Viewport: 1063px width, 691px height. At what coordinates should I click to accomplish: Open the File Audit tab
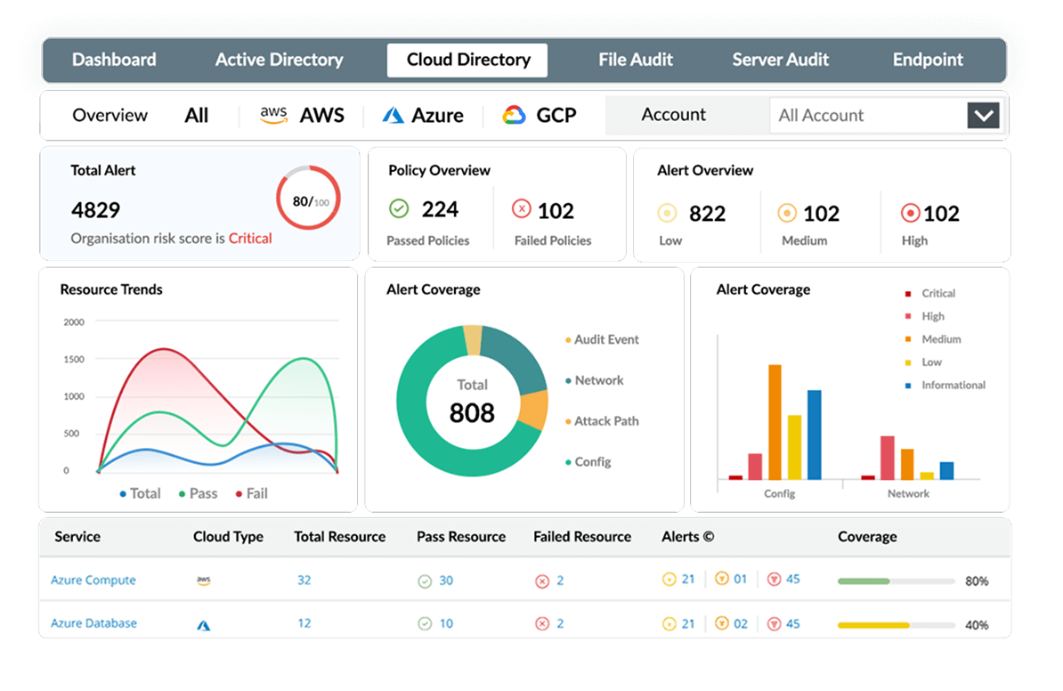coord(636,61)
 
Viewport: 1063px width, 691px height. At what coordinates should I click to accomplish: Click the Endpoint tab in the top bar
coord(928,61)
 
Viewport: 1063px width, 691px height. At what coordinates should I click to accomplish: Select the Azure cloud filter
coord(423,115)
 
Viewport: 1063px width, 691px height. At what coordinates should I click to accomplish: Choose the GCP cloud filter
coord(540,115)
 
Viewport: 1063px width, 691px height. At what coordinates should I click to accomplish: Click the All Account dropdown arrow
coord(983,116)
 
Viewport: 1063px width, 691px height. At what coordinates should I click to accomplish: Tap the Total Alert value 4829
coord(95,210)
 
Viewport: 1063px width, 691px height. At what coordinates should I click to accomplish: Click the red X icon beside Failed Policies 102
coord(522,209)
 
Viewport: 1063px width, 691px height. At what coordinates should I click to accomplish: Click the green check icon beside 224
coord(399,209)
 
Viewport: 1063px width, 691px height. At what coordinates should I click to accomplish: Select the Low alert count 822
coord(707,214)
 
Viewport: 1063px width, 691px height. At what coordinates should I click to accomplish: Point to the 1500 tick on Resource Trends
coord(74,359)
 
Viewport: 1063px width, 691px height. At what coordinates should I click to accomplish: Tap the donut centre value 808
coord(472,412)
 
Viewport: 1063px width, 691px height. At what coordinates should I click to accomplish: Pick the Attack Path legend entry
coord(605,421)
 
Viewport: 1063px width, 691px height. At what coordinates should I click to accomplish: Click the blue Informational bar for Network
coord(946,470)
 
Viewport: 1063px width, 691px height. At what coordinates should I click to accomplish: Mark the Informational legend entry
coord(953,386)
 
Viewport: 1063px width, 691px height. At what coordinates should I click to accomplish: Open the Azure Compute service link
coord(93,581)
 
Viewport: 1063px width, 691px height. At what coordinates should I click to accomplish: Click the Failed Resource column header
coord(582,537)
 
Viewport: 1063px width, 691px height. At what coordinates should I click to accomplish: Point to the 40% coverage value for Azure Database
coord(977,625)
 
